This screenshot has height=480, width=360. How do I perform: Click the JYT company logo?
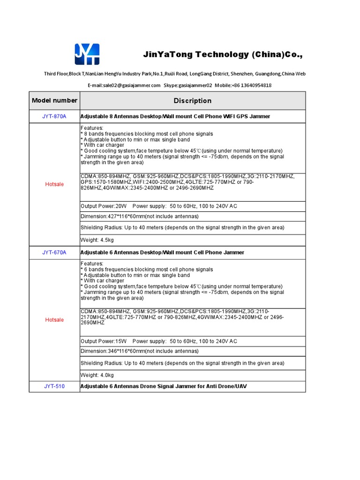pyautogui.click(x=87, y=54)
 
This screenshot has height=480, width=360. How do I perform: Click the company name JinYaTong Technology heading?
pyautogui.click(x=223, y=55)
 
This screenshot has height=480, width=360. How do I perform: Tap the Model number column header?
pyautogui.click(x=54, y=100)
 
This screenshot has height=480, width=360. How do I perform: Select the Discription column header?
pyautogui.click(x=192, y=101)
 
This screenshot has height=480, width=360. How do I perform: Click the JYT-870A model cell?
pyautogui.click(x=54, y=116)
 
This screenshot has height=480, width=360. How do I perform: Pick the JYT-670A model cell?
pyautogui.click(x=54, y=253)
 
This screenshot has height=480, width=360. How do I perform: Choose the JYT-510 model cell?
pyautogui.click(x=54, y=386)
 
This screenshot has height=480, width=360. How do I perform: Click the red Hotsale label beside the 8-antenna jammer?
pyautogui.click(x=54, y=184)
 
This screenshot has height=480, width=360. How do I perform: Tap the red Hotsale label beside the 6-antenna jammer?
pyautogui.click(x=54, y=320)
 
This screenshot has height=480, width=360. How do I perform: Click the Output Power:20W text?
pyautogui.click(x=104, y=206)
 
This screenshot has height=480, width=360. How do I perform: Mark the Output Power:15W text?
pyautogui.click(x=104, y=341)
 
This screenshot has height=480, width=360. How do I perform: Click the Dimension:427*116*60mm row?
pyautogui.click(x=140, y=216)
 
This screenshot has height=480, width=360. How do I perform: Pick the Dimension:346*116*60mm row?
pyautogui.click(x=140, y=351)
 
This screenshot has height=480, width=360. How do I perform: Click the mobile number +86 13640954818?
pyautogui.click(x=251, y=85)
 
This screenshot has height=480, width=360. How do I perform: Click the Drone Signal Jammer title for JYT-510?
pyautogui.click(x=164, y=386)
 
